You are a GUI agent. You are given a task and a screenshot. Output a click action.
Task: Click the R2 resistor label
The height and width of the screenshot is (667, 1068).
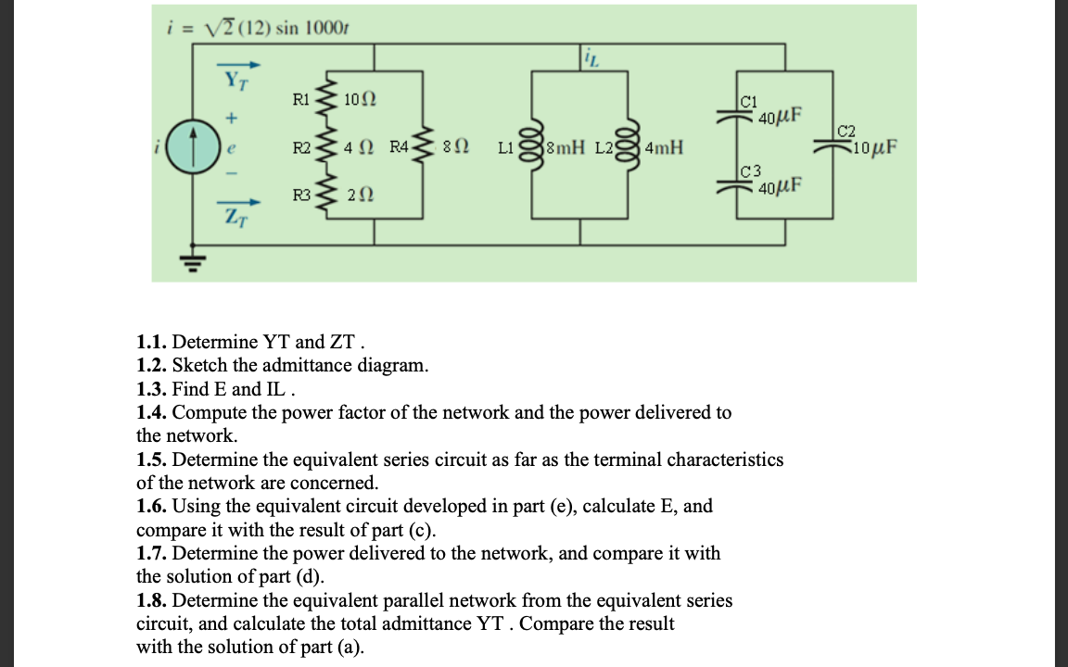coord(301,147)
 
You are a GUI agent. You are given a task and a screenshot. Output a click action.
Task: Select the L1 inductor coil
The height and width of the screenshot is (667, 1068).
coord(533,146)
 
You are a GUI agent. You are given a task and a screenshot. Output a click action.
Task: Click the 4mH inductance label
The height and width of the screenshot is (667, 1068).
coord(664,148)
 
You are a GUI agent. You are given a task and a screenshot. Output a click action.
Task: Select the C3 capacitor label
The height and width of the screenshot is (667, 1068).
coord(751,170)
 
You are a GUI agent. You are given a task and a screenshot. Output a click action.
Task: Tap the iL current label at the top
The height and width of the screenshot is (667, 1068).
coord(591,60)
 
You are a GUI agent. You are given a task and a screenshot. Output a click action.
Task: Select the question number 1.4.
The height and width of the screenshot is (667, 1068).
coord(152,412)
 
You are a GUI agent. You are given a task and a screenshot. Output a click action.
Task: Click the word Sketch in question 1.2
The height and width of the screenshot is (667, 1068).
coord(202,365)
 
